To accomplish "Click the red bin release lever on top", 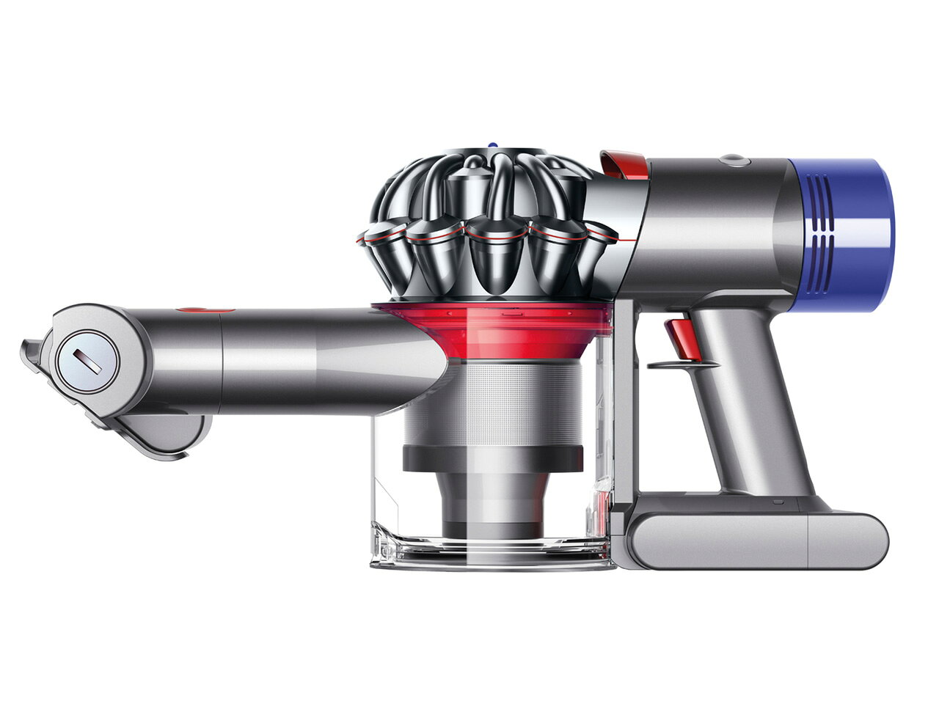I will (624, 165).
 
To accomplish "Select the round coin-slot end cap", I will (87, 361).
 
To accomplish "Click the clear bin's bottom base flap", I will (492, 554).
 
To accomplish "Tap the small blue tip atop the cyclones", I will (493, 147).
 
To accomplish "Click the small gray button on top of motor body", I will (731, 159).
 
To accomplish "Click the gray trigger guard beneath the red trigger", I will (682, 364).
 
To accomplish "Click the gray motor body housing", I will (712, 227).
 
